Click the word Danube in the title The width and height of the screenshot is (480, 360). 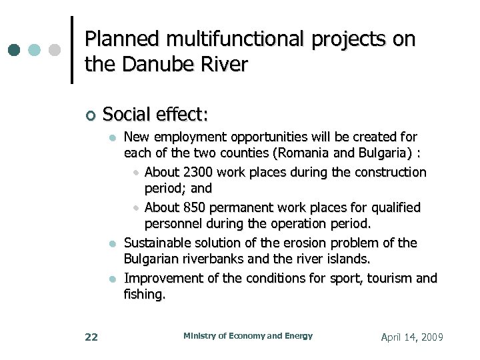point(148,65)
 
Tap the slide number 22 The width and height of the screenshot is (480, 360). point(91,337)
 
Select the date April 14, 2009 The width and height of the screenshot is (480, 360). point(411,337)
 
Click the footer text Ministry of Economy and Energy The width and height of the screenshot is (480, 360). point(248,336)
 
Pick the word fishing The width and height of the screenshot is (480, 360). point(143,294)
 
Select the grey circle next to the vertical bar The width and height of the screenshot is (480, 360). point(55,50)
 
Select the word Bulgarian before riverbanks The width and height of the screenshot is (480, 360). point(157,259)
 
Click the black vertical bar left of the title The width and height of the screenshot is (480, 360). point(72,50)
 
